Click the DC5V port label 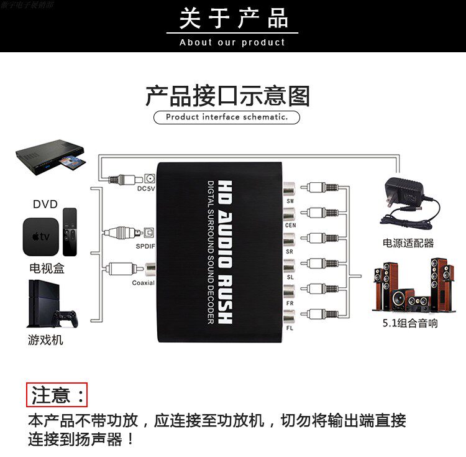coord(145,188)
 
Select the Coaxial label coord(143,283)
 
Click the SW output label coord(290,201)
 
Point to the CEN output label coord(290,224)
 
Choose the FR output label coord(290,302)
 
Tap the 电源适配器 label coord(408,243)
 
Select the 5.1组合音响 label coord(410,323)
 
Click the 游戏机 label coord(45,341)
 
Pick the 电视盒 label coord(47,269)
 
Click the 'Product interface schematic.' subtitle coord(227,117)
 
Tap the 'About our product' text coord(232,42)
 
